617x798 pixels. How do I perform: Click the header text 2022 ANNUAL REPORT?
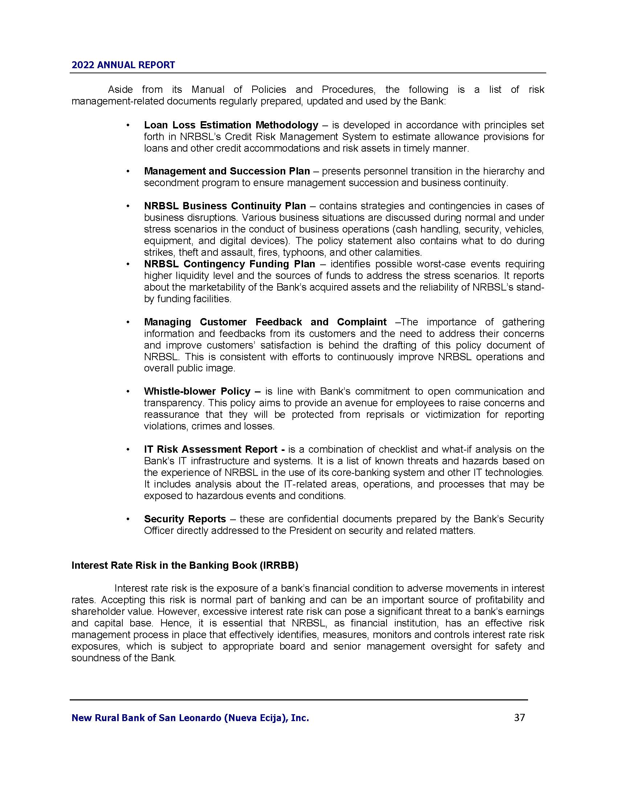(123, 65)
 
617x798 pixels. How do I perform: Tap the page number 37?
(519, 717)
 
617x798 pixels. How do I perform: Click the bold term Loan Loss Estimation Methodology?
(231, 125)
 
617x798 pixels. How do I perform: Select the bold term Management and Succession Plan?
(226, 171)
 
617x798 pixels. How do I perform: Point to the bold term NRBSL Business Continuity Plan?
(225, 206)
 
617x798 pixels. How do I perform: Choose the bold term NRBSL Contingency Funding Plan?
(229, 264)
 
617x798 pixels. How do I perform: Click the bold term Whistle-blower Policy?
(197, 391)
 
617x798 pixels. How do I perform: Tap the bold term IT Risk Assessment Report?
(211, 449)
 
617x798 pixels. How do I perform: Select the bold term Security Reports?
(185, 519)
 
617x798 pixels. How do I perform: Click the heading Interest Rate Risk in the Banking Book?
(185, 565)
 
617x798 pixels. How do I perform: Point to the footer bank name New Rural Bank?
(190, 718)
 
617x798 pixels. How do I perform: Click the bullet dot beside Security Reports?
(127, 519)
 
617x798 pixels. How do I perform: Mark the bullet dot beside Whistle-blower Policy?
(127, 392)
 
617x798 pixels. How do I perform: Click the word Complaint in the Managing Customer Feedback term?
(361, 322)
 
